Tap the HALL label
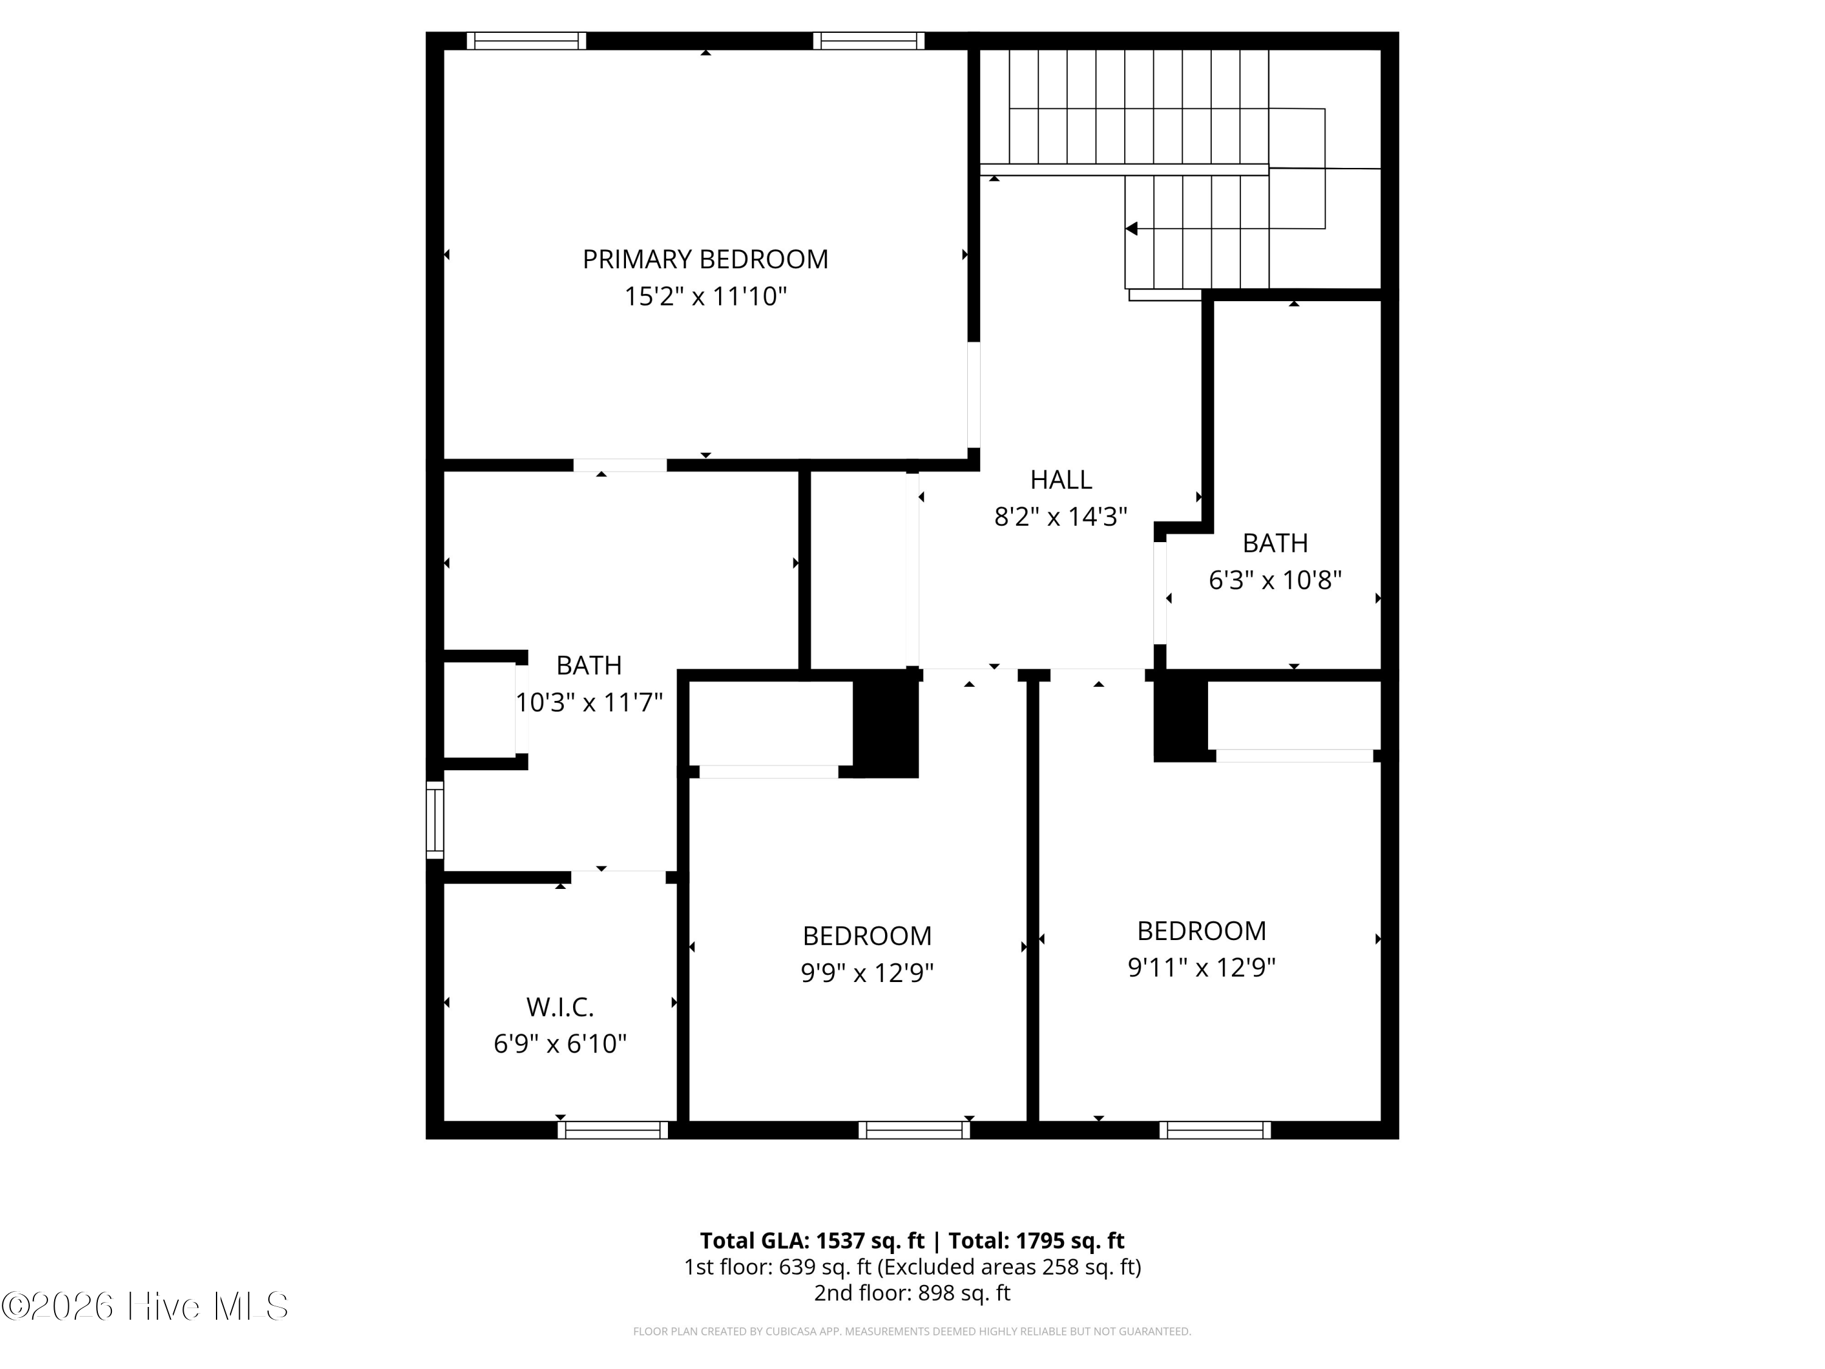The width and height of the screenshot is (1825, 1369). (x=1060, y=479)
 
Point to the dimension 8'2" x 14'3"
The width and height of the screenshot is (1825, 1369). (x=1060, y=517)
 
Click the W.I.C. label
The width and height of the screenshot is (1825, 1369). (x=560, y=1007)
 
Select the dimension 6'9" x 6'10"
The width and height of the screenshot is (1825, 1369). (x=560, y=1044)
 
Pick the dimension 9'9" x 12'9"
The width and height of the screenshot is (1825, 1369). (x=866, y=973)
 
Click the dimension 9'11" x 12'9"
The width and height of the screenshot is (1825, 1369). (x=1201, y=967)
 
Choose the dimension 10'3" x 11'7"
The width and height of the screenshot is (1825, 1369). (x=588, y=702)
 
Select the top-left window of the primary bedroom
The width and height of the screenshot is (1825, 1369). (x=526, y=40)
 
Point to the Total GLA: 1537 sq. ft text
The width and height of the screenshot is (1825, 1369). (x=812, y=1240)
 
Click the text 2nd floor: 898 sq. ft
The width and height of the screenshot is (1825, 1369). (x=912, y=1293)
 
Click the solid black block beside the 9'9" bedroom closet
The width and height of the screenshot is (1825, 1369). (x=885, y=723)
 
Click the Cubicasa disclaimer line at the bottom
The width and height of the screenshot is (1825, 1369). (x=912, y=1331)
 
